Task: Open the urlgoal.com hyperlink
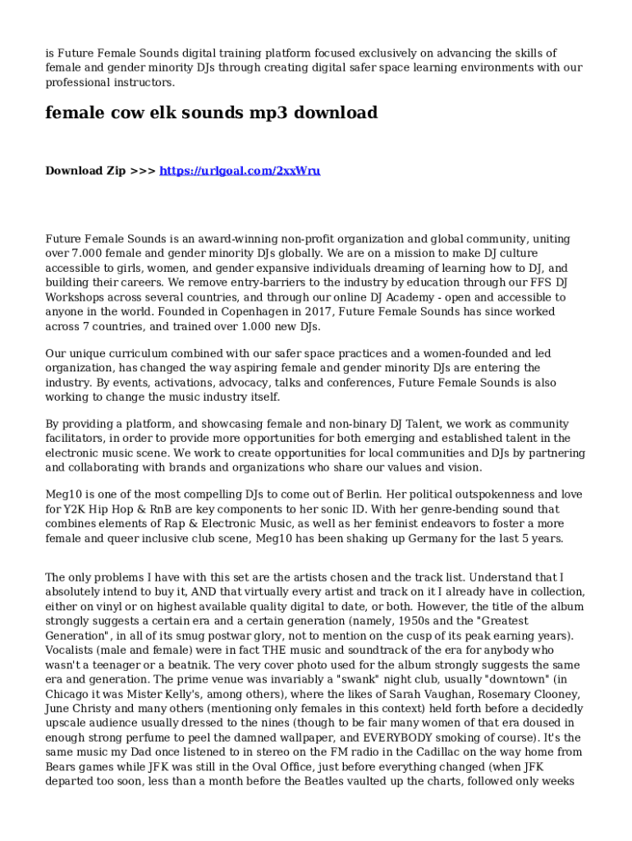[240, 171]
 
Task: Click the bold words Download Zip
[85, 171]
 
